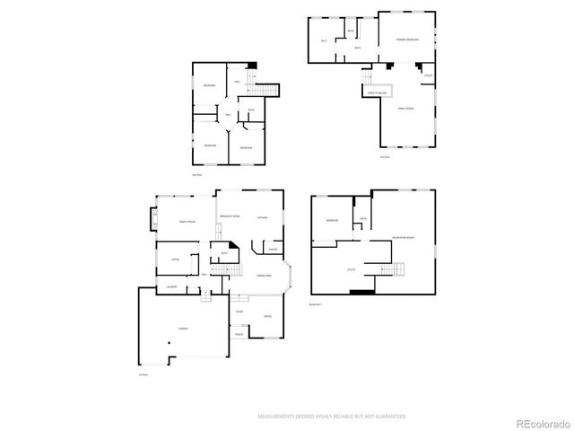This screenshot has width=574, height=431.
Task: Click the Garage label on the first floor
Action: [x=183, y=329]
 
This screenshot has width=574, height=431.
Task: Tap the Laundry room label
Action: [x=170, y=287]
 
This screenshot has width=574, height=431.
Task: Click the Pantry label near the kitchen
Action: [x=272, y=249]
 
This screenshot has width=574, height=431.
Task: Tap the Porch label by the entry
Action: [x=239, y=334]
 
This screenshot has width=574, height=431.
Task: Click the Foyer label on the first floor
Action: [x=239, y=312]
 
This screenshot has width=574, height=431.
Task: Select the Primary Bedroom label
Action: [x=408, y=40]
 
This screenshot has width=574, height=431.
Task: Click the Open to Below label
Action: [x=377, y=92]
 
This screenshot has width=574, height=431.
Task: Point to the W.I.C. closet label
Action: [x=324, y=41]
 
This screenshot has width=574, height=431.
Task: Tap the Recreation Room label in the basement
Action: [x=403, y=237]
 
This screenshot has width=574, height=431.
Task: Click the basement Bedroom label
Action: [x=332, y=221]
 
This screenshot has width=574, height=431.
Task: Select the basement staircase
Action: [x=394, y=270]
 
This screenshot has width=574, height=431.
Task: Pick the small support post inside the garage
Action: [x=170, y=344]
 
